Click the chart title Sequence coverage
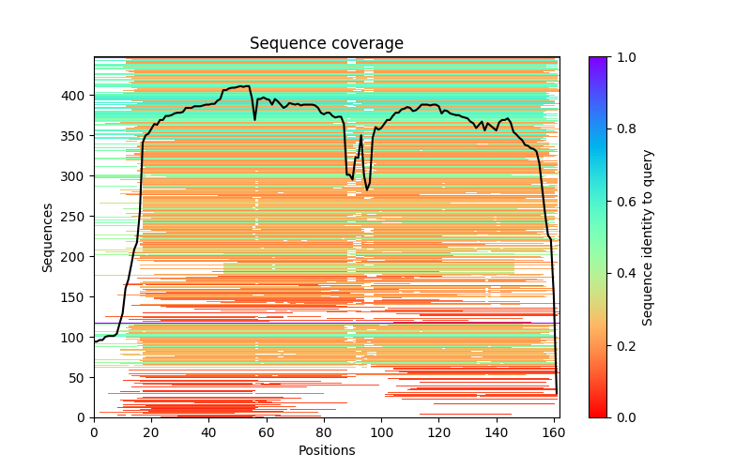click(327, 43)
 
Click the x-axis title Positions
click(327, 450)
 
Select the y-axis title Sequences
click(48, 236)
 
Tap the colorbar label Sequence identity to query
click(648, 236)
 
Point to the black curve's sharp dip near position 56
click(254, 119)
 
